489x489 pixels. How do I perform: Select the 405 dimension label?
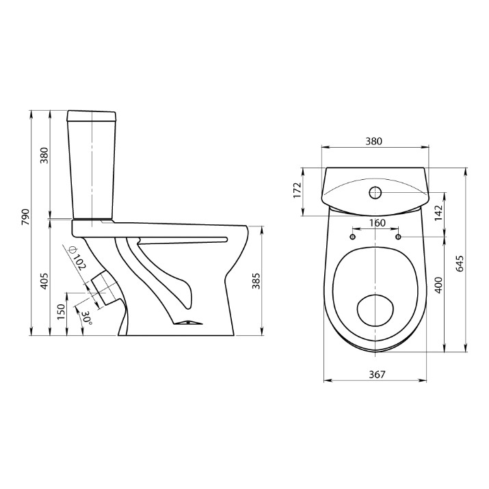pos(44,281)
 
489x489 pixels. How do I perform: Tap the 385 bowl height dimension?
pos(256,281)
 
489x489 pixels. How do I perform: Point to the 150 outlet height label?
pos(61,312)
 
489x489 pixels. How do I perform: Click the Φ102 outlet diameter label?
pos(77,259)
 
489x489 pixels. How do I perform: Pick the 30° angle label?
pos(86,319)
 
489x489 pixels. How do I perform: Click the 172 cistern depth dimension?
pos(298,190)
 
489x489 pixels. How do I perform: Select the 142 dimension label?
pos(438,213)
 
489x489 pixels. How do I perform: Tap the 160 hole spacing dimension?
pos(378,223)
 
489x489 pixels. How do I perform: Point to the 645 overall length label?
pos(460,264)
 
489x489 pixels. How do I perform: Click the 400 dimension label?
pos(438,285)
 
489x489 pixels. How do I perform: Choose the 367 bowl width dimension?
pos(378,374)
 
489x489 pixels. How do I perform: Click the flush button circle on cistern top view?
pos(375,193)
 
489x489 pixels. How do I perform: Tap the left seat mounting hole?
pos(353,237)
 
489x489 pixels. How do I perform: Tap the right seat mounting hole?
pos(398,237)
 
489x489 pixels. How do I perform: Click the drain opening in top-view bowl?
pos(375,310)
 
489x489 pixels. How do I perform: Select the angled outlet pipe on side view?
pos(106,289)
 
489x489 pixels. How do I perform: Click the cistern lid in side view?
pos(92,116)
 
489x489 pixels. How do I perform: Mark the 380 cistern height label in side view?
pos(44,156)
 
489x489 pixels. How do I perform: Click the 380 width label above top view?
pos(373,142)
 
